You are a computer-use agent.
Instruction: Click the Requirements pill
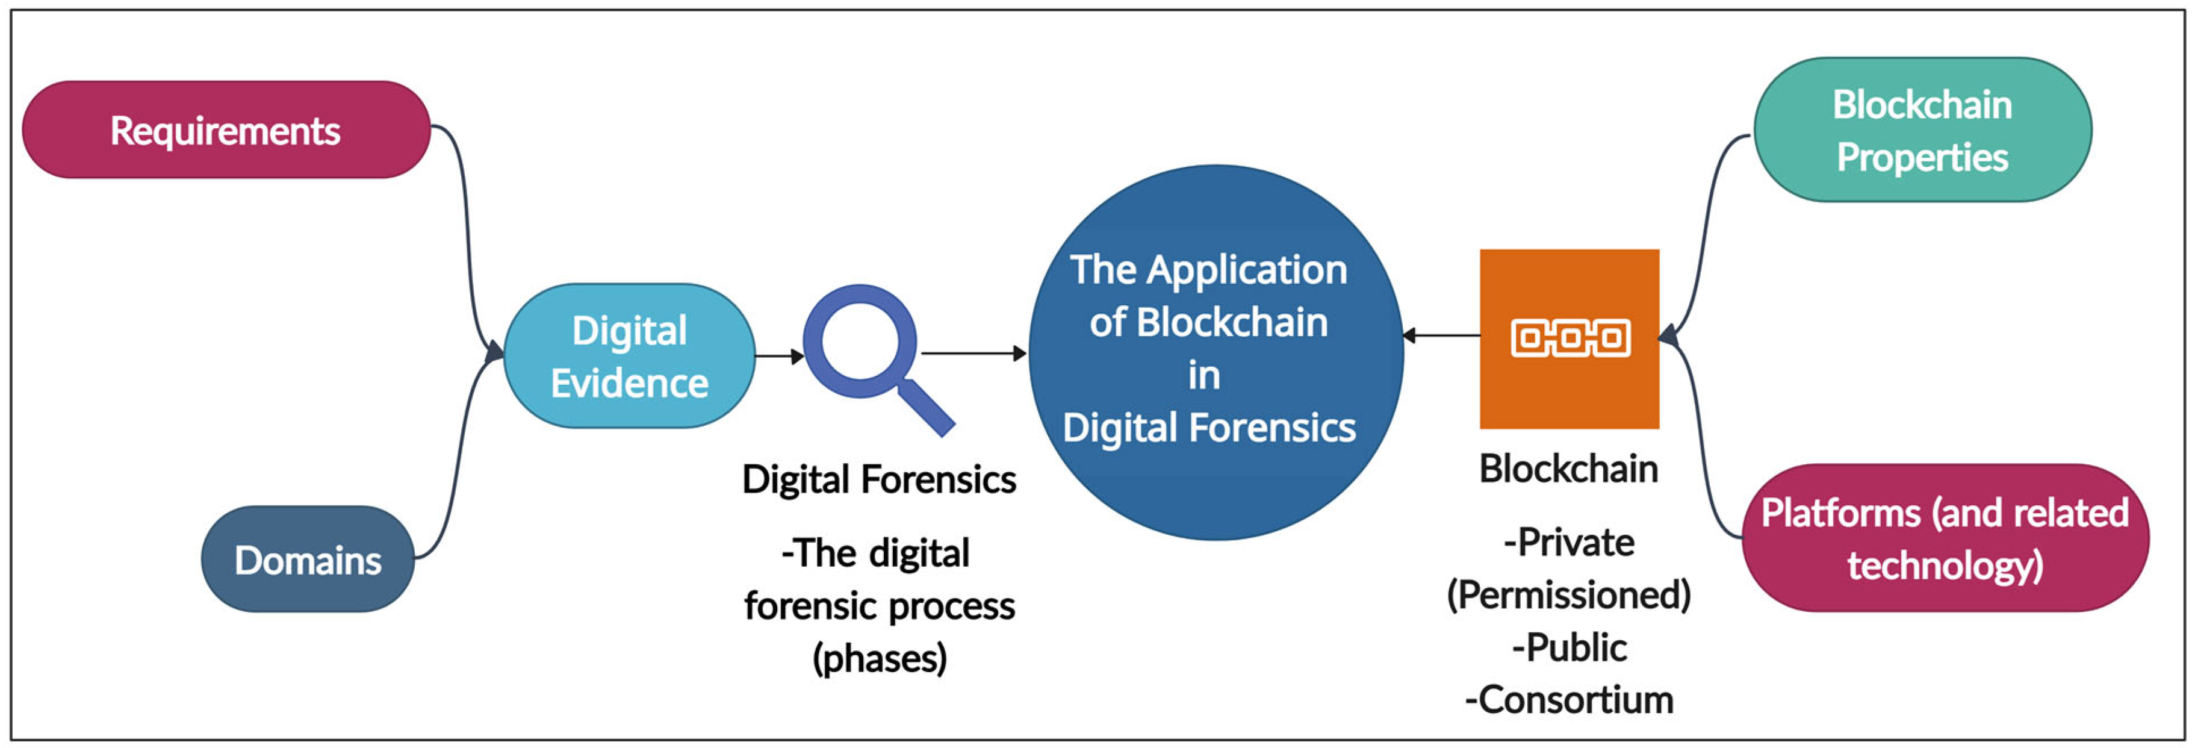(226, 129)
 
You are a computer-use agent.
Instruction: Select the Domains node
(307, 559)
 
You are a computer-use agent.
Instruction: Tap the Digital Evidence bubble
(629, 356)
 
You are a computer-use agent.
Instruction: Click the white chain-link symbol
(1569, 338)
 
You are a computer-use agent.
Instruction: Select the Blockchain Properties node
(1922, 130)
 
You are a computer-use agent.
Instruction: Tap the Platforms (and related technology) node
(1945, 538)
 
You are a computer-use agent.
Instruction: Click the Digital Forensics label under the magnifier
(878, 479)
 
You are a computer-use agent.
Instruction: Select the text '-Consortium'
(1569, 700)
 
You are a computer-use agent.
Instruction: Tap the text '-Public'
(1569, 647)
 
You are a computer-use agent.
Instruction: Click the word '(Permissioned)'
(1569, 594)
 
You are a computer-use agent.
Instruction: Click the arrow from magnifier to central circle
(972, 353)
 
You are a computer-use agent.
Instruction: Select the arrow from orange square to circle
(1442, 335)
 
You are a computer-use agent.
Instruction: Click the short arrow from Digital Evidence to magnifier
(777, 356)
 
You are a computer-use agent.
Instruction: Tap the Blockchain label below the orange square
(1568, 469)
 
